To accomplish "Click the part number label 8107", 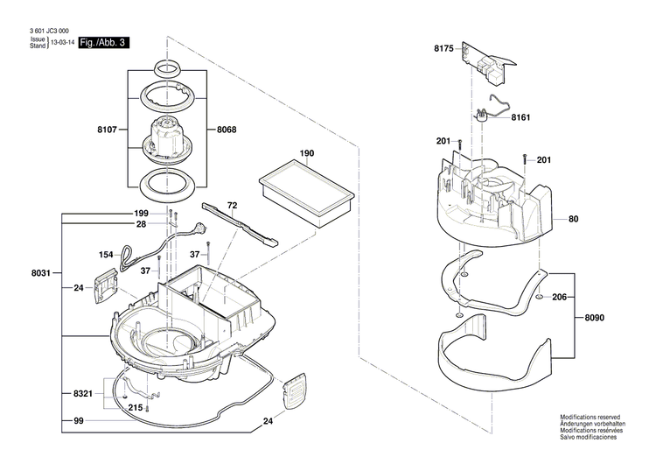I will (x=106, y=130).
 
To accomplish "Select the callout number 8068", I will (x=226, y=130).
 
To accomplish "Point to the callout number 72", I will (x=233, y=205).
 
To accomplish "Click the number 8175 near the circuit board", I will (x=443, y=49).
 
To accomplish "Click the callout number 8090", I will (x=595, y=318).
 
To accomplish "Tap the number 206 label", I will (x=561, y=298).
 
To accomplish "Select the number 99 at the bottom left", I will (x=78, y=422).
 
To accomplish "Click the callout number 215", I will (x=135, y=408).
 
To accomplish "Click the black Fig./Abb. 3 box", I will (x=103, y=43).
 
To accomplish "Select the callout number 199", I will (x=141, y=214).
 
